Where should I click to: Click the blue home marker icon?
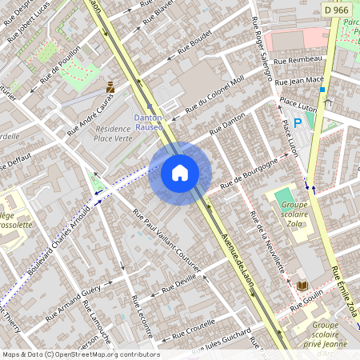point(179,173)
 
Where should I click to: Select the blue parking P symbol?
point(298,122)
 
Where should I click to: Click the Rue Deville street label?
point(178,285)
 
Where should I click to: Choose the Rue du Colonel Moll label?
point(214,95)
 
